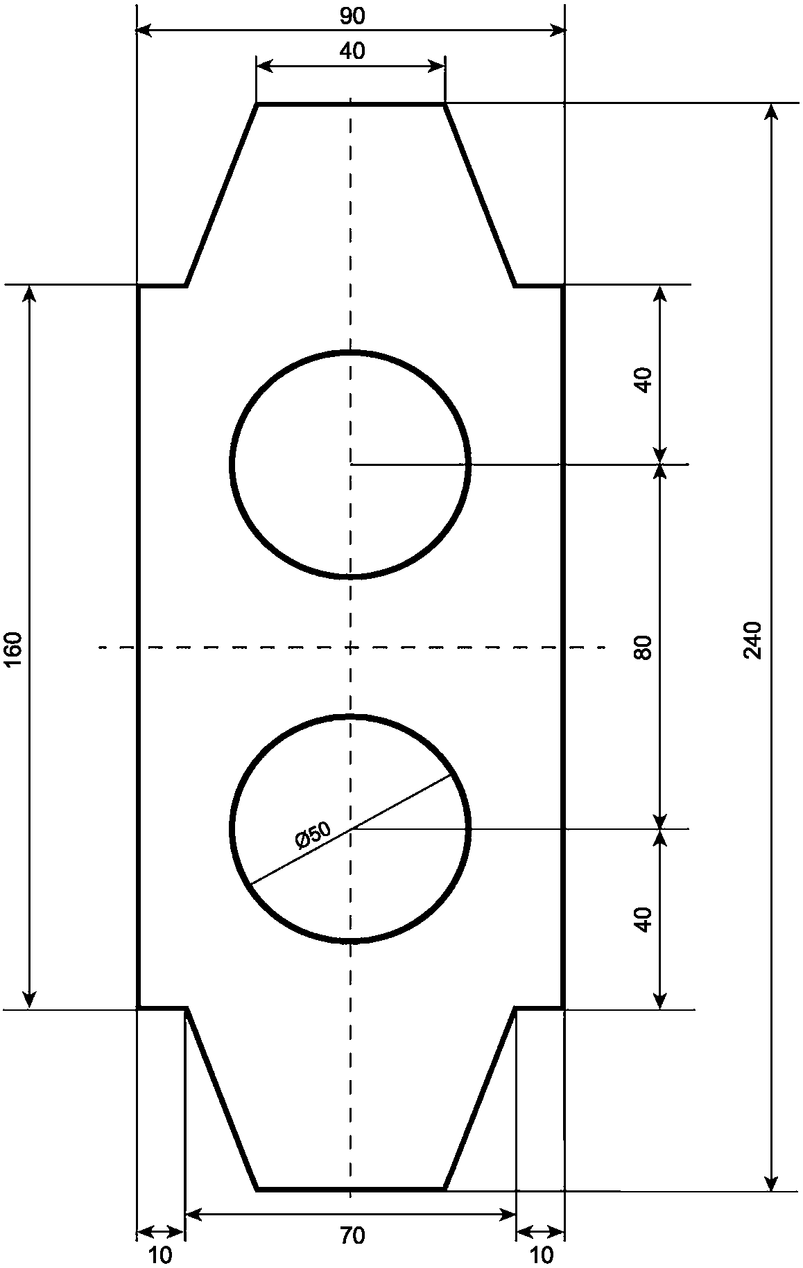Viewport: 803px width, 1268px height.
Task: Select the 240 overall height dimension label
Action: tap(752, 640)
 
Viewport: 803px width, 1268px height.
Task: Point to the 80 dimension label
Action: tap(644, 648)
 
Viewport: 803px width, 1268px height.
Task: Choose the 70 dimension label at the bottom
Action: tap(352, 1236)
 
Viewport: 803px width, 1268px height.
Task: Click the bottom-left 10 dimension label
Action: tap(160, 1256)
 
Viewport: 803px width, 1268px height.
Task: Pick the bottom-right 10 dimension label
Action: tap(541, 1256)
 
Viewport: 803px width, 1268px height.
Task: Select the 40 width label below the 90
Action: tap(352, 51)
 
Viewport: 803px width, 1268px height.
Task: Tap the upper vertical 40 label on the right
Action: tap(644, 380)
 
